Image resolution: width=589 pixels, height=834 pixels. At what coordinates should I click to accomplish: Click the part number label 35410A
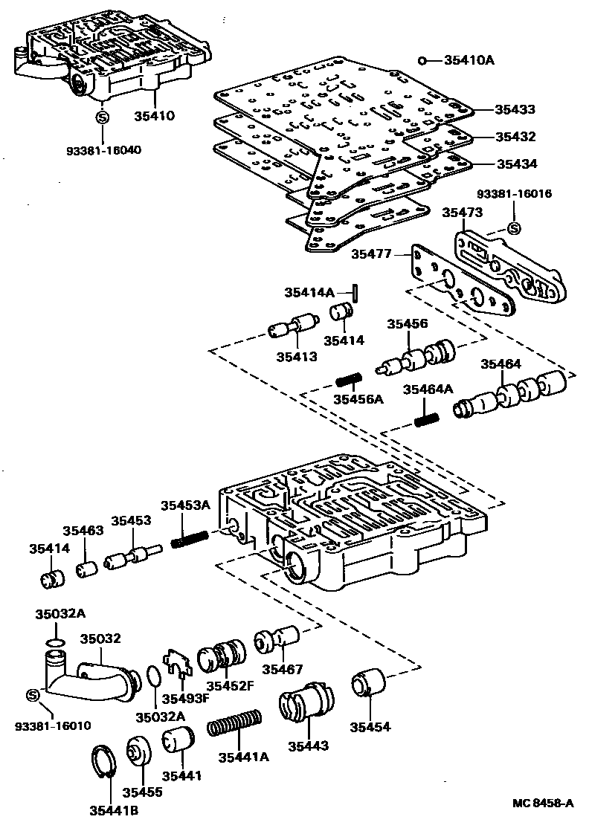tap(469, 59)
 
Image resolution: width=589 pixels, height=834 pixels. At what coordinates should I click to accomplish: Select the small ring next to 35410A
tap(422, 60)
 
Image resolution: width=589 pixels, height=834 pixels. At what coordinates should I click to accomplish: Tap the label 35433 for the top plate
tap(516, 109)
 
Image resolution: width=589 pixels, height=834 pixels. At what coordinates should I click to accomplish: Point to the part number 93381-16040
tap(104, 149)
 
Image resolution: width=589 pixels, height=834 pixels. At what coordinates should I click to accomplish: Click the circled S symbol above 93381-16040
tap(103, 117)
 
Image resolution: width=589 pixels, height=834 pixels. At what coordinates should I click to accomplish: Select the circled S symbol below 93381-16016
tap(512, 228)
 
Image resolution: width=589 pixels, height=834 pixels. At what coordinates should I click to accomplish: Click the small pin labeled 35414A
tap(358, 293)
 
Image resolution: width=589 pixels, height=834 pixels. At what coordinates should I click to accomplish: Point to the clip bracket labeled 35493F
tap(176, 662)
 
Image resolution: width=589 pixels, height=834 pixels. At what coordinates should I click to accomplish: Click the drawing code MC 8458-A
tap(543, 804)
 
